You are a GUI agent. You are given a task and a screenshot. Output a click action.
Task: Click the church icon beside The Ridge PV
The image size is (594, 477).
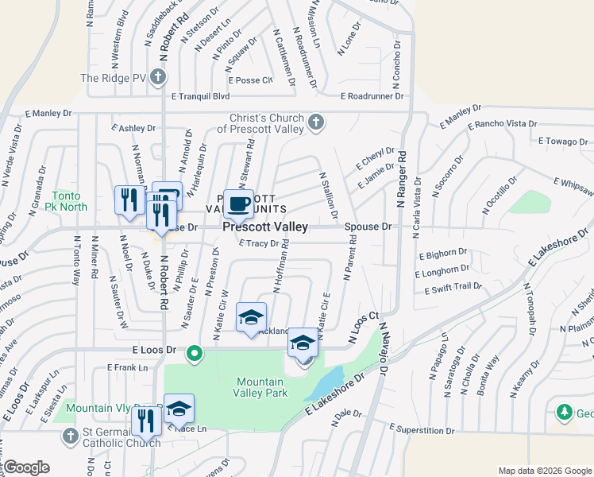(158, 77)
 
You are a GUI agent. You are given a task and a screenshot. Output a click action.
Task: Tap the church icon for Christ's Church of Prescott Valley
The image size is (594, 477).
(316, 122)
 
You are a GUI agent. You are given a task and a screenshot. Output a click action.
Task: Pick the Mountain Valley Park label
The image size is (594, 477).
(260, 387)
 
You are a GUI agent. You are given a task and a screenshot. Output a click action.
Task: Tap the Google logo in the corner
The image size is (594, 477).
(25, 467)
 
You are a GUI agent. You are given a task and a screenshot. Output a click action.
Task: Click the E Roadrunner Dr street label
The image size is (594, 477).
(373, 96)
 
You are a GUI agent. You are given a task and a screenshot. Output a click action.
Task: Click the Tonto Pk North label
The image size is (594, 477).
(69, 201)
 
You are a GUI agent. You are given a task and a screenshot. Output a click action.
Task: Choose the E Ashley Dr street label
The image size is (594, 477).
(133, 127)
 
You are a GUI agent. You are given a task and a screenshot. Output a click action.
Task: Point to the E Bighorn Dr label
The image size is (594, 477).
(443, 254)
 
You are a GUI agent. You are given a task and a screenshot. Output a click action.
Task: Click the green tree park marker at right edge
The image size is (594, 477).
(565, 413)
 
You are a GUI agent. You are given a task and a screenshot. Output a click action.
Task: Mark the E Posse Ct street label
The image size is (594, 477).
(250, 79)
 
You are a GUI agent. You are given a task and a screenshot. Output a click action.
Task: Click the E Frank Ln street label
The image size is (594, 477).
(128, 367)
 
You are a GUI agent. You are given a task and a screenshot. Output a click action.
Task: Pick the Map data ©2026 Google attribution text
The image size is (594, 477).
(544, 471)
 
